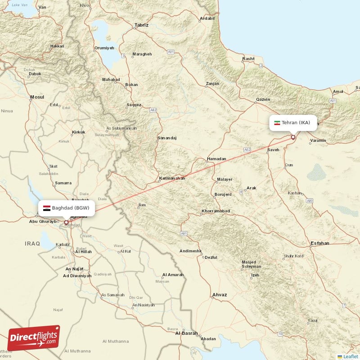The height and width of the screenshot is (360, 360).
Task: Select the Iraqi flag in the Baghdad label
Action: [x=47, y=208]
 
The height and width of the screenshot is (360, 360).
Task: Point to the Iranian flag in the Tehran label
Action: [x=277, y=123]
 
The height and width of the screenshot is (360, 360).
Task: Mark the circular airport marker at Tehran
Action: [x=293, y=137]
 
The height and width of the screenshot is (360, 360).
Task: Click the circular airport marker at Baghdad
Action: [x=66, y=222]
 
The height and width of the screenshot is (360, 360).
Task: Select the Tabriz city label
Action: [x=141, y=25]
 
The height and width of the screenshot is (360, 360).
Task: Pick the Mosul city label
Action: [x=37, y=97]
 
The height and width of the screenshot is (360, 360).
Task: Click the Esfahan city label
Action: [x=319, y=243]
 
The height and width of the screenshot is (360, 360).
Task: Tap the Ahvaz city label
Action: [x=220, y=295]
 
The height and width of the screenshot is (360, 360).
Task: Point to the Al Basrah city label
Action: [x=186, y=333]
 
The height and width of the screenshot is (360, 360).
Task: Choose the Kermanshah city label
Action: [x=172, y=178]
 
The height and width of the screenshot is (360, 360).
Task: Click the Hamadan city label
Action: [x=216, y=159]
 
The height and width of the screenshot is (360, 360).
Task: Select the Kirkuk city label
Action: [x=78, y=132]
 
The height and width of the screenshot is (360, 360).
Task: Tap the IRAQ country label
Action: [x=32, y=243]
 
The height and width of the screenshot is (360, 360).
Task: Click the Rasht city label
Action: [x=248, y=59]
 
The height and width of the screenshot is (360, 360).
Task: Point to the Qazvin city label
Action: [x=263, y=99]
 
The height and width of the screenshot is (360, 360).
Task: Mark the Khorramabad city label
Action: [x=216, y=211]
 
